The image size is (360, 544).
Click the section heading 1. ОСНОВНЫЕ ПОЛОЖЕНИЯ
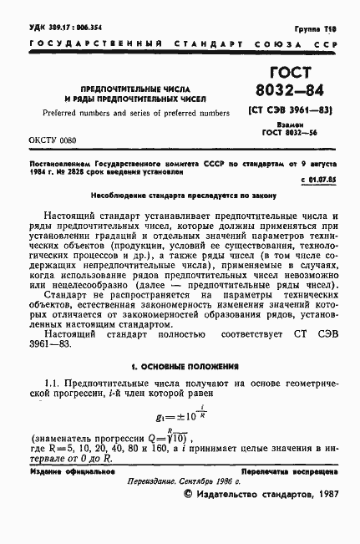180,367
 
